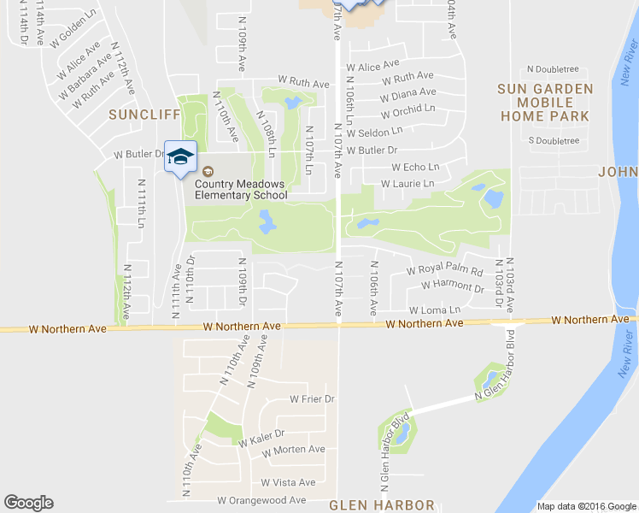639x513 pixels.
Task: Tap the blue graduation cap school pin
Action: click(180, 156)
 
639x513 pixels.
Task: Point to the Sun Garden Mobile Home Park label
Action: click(545, 102)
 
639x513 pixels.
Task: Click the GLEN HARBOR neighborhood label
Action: click(382, 505)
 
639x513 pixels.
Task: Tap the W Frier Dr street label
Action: click(311, 399)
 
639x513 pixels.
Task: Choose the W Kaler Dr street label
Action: click(261, 439)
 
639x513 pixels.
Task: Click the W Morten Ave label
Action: click(293, 450)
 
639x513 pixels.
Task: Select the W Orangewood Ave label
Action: click(261, 500)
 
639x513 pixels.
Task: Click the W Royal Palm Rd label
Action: click(445, 269)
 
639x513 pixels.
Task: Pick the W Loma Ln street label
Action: click(435, 310)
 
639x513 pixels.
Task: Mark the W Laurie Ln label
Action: click(407, 184)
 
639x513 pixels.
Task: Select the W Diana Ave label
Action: click(408, 93)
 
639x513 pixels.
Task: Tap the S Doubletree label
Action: click(554, 140)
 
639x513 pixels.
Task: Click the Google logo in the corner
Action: click(28, 503)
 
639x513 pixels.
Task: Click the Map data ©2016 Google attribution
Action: click(586, 506)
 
